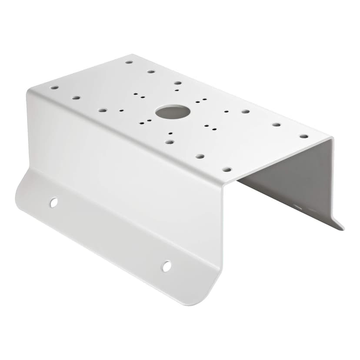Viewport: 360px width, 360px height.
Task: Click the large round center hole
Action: tap(173, 112)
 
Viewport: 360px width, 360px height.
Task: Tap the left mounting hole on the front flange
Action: tap(53, 202)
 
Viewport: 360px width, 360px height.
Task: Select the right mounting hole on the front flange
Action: tap(166, 266)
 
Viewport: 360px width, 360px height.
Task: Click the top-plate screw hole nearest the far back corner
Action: tap(129, 62)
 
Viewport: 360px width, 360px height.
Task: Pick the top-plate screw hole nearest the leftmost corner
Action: tap(54, 87)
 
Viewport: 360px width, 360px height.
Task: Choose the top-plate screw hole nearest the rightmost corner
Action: tap(303, 136)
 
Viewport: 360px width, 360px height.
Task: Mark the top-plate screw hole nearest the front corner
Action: tap(227, 169)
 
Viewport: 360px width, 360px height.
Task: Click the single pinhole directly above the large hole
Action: tap(177, 90)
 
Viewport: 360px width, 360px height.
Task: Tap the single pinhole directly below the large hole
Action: tap(170, 133)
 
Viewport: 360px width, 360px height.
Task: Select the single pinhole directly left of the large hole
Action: tap(121, 110)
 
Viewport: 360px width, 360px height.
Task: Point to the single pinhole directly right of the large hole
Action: tap(226, 111)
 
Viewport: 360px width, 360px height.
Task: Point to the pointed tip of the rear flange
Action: tap(342, 228)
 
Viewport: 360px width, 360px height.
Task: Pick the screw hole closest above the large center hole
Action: tap(178, 83)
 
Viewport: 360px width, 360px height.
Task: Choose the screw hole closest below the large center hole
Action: tap(170, 142)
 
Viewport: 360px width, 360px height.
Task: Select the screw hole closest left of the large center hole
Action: tap(102, 110)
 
